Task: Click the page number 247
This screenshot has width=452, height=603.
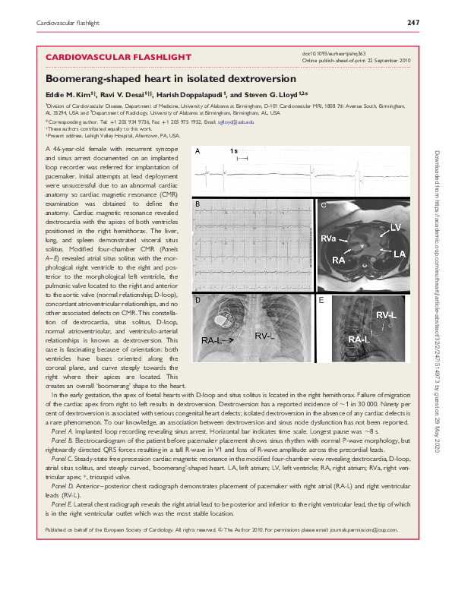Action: point(413,24)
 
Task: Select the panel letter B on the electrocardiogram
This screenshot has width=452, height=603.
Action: point(198,206)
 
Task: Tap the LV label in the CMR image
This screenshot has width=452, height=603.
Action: point(395,228)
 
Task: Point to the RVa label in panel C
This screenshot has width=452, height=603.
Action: point(328,238)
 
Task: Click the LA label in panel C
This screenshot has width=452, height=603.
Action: point(397,252)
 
